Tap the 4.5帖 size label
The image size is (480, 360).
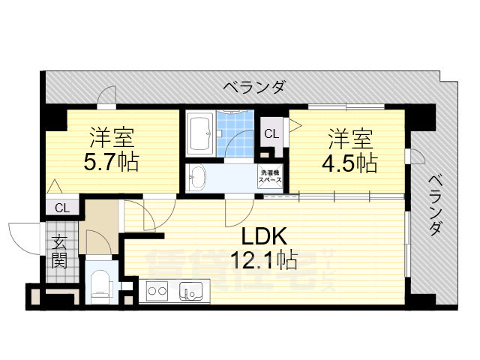[x=352, y=162]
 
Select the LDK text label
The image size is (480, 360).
[x=263, y=236]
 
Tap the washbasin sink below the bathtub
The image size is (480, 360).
[x=199, y=177]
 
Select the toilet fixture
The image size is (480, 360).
[x=99, y=284]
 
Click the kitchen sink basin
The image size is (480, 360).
[x=189, y=289]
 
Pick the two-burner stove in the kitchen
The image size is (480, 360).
[x=157, y=289]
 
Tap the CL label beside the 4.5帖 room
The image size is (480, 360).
[x=271, y=134]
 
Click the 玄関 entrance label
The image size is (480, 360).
[x=59, y=251]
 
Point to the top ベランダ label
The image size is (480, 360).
[x=254, y=88]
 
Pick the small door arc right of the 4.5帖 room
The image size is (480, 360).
[x=416, y=155]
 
